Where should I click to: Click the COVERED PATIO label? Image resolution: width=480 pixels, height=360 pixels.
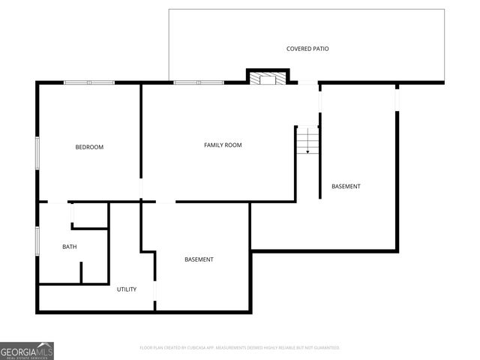click(x=307, y=49)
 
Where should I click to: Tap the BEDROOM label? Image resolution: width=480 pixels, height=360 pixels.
click(x=89, y=147)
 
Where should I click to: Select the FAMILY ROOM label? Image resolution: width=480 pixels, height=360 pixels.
click(x=223, y=145)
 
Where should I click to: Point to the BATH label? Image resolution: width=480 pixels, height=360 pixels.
click(x=69, y=247)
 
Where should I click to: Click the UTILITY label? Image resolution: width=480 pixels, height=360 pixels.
click(x=126, y=289)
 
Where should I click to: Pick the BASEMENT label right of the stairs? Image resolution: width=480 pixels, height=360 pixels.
click(x=346, y=186)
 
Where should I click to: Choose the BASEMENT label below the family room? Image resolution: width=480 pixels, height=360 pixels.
click(x=199, y=259)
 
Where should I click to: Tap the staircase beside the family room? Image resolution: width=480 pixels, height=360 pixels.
click(x=307, y=140)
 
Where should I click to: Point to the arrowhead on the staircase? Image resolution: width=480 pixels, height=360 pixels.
click(x=307, y=151)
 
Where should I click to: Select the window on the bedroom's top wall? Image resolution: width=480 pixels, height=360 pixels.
click(x=88, y=82)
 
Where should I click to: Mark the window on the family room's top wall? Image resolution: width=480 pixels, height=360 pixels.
click(x=199, y=82)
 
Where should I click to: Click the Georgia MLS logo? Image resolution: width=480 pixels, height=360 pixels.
click(x=27, y=350)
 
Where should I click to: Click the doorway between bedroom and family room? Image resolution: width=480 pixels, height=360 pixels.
click(x=141, y=188)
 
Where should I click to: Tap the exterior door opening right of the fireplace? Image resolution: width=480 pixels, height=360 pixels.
click(x=308, y=82)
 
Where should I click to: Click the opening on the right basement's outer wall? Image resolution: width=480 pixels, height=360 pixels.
click(x=397, y=97)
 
